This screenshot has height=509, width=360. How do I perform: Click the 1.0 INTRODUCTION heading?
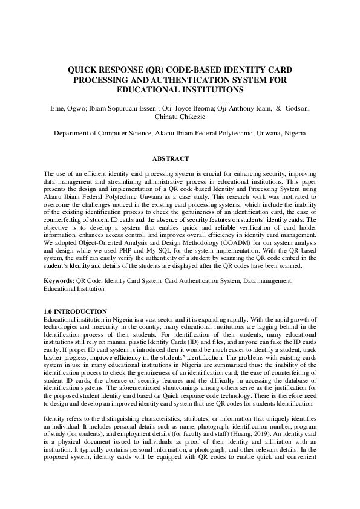(x=72, y=311)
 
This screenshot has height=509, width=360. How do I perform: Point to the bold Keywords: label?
(x=59, y=281)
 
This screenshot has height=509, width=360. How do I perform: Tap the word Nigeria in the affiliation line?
(x=293, y=133)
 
